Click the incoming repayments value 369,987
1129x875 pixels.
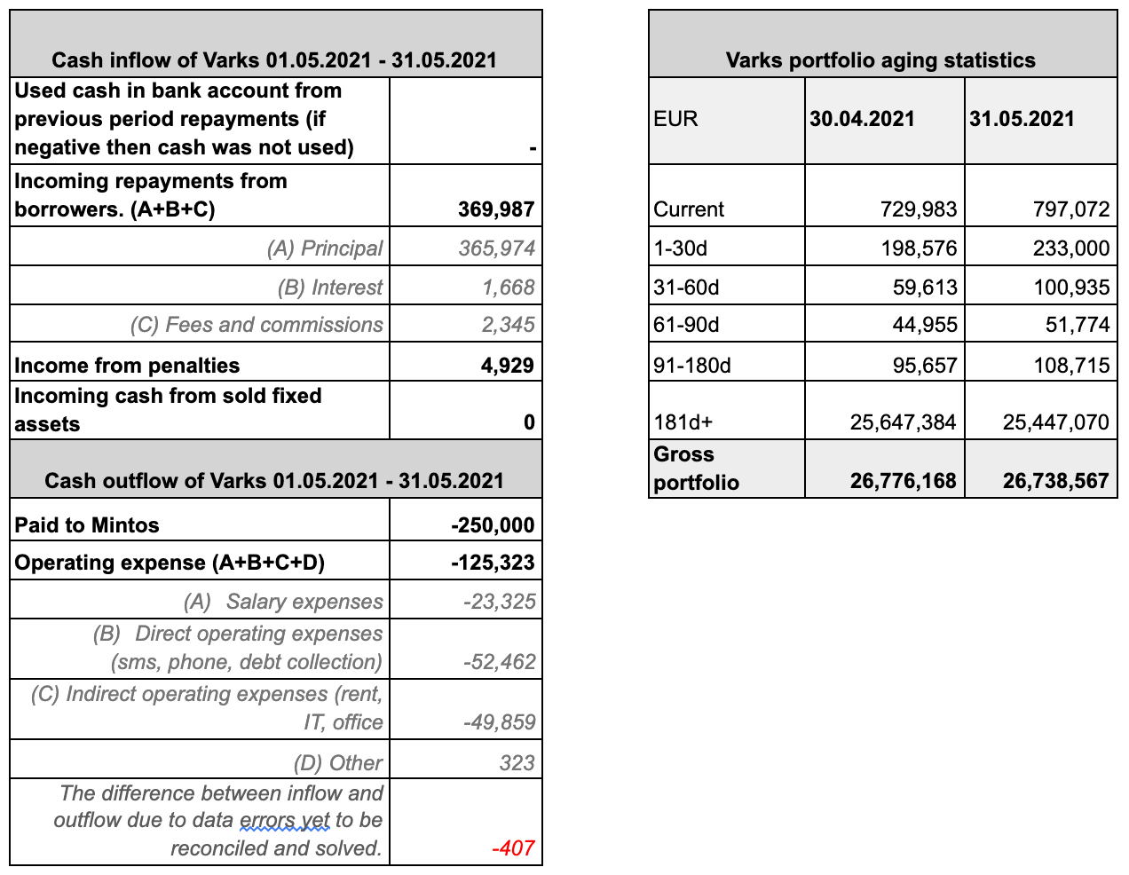tap(496, 209)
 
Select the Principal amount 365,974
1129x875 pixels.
tap(496, 248)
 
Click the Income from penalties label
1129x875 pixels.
tap(127, 366)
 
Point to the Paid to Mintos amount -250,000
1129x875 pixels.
tap(493, 525)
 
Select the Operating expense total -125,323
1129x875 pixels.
tap(493, 563)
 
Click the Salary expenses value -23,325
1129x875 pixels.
tap(499, 602)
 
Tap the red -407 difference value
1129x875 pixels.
tap(513, 848)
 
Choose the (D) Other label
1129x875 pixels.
tap(338, 763)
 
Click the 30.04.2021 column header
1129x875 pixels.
tap(862, 119)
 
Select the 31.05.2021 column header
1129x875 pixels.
tap(1022, 119)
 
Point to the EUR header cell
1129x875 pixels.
tap(675, 119)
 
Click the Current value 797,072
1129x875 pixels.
tap(1071, 209)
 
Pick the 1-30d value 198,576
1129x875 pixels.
tap(920, 248)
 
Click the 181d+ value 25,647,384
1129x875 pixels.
tap(903, 422)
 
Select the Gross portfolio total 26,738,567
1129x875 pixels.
tap(1055, 481)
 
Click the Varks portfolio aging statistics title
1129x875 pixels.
tap(880, 60)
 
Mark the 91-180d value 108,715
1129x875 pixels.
tap(1071, 366)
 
